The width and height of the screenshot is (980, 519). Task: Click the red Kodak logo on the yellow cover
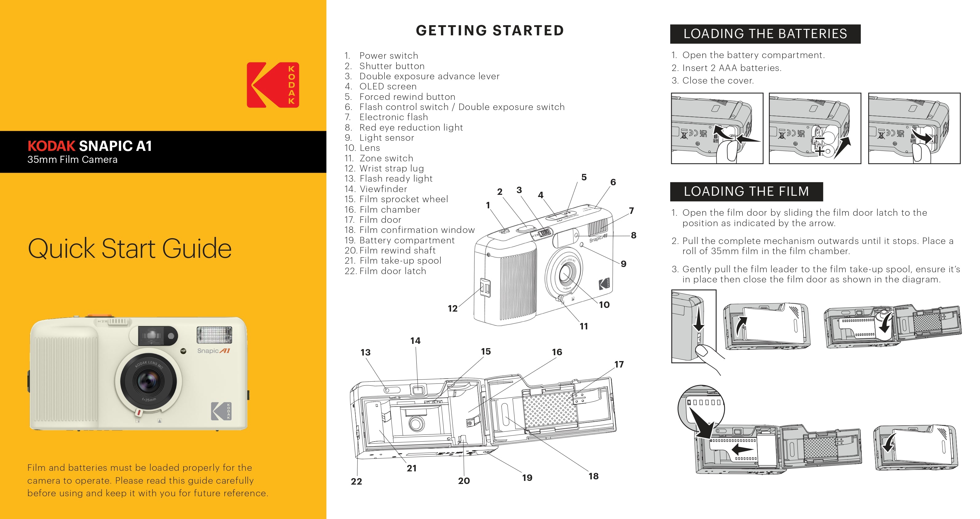pyautogui.click(x=273, y=85)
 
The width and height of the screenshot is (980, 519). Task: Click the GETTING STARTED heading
pyautogui.click(x=490, y=30)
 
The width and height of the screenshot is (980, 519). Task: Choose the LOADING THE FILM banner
pyautogui.click(x=746, y=191)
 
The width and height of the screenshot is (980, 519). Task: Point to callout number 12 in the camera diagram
pyautogui.click(x=452, y=309)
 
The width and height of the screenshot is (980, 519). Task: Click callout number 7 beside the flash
pyautogui.click(x=632, y=211)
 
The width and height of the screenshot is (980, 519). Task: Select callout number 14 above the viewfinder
pyautogui.click(x=415, y=341)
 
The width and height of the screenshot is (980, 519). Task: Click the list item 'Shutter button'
pyautogui.click(x=392, y=66)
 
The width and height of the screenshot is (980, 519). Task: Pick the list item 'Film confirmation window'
pyautogui.click(x=417, y=230)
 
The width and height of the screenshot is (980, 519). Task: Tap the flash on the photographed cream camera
pyautogui.click(x=214, y=335)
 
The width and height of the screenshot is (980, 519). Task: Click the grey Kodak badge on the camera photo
pyautogui.click(x=221, y=411)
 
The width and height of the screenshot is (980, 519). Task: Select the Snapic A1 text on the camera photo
pyautogui.click(x=213, y=351)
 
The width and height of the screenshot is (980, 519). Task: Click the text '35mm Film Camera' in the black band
pyautogui.click(x=72, y=159)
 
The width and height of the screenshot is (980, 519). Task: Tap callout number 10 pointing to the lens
pyautogui.click(x=604, y=305)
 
